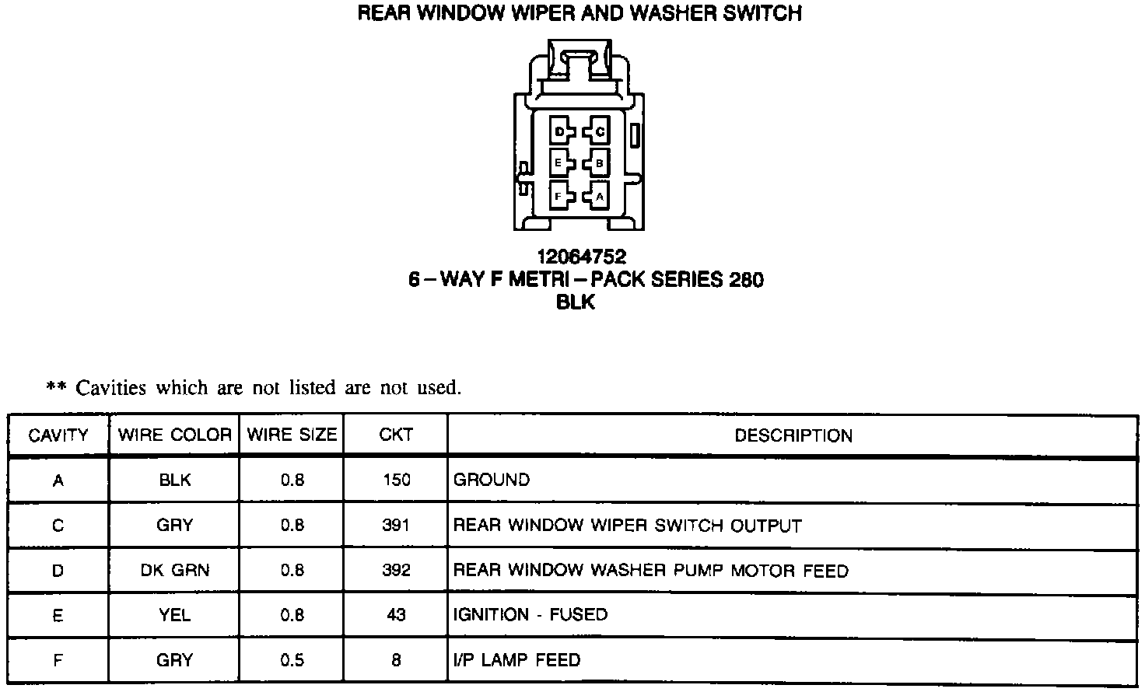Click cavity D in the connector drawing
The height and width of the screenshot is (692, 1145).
coord(560,131)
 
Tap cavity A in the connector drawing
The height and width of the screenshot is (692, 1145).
coord(598,196)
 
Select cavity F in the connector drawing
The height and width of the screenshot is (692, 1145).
coord(559,196)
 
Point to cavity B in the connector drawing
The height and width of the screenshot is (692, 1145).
coord(598,163)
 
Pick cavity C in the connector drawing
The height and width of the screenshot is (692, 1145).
coord(598,131)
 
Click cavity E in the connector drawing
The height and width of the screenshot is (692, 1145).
coord(559,163)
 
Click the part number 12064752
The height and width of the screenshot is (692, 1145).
coord(581,257)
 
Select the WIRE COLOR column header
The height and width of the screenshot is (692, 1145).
coord(174,435)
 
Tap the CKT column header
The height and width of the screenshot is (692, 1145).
coord(396,435)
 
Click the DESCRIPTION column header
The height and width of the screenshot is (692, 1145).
coord(793,435)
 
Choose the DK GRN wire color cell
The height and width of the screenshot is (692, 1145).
coord(174,571)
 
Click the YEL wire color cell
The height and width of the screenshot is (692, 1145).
coord(174,615)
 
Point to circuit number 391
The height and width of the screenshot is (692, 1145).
coord(396,526)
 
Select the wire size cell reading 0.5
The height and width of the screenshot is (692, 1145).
coord(292,660)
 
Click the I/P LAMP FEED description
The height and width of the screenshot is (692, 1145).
coord(516,660)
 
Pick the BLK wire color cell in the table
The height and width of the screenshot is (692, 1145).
coord(174,480)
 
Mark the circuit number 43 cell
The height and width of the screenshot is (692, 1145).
coord(396,615)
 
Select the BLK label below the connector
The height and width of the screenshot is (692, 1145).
coord(576,302)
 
